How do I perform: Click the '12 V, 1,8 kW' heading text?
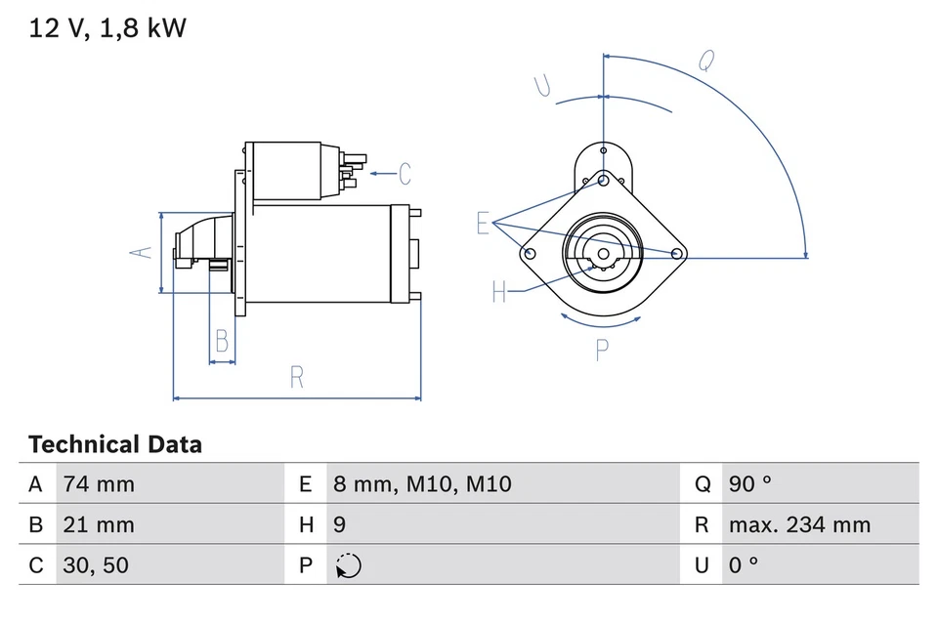(107, 29)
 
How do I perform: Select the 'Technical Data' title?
(115, 445)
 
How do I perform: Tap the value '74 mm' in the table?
(99, 484)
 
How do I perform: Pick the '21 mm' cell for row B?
(99, 525)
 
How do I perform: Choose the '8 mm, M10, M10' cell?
(421, 484)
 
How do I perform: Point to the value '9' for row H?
(339, 525)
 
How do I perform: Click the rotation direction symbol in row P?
(347, 566)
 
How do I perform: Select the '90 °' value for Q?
(749, 484)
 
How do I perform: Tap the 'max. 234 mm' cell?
(799, 525)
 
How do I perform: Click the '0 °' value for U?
(744, 565)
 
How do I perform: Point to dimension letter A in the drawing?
(143, 252)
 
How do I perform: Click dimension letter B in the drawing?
(222, 341)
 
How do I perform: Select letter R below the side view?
(297, 377)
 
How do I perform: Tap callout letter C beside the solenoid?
(405, 175)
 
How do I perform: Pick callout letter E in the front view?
(482, 224)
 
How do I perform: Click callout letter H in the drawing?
(499, 291)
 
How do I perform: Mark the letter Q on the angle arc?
(704, 61)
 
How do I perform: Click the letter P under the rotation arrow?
(603, 349)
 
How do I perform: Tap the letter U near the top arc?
(543, 86)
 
